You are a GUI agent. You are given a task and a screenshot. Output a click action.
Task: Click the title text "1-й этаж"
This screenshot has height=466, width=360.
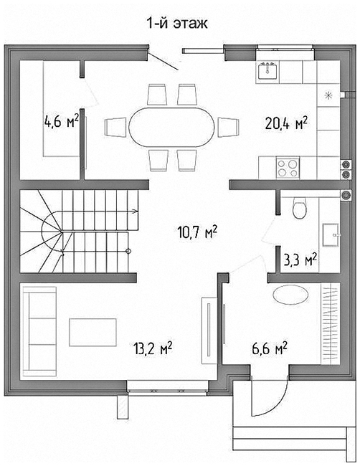[x=177, y=23]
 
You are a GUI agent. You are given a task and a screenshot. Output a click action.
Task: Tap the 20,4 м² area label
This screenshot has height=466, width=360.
[x=286, y=123]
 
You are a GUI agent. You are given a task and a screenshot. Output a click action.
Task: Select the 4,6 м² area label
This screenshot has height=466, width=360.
[x=62, y=120]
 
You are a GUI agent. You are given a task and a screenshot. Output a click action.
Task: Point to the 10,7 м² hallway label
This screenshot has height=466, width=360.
[x=197, y=232]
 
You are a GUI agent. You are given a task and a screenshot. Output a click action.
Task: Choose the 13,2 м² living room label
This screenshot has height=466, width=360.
[x=153, y=348]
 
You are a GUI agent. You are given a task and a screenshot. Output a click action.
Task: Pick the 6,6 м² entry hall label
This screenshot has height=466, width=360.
[x=270, y=348]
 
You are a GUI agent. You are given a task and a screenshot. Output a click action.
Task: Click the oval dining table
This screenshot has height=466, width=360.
[x=172, y=127]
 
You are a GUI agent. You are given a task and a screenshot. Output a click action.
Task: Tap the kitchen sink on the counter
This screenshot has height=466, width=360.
[x=267, y=71]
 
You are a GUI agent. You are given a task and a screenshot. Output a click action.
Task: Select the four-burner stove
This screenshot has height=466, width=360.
[x=288, y=168]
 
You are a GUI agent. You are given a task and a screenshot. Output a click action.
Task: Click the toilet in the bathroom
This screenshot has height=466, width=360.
[x=299, y=207]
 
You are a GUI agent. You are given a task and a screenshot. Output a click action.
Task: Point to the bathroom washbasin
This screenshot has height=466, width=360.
[x=331, y=234]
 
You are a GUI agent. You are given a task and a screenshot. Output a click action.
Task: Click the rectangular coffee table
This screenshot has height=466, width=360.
[x=93, y=332]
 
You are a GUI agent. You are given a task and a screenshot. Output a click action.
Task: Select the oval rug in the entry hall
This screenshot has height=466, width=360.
[x=290, y=295]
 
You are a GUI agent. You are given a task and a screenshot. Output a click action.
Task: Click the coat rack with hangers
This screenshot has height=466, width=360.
[x=331, y=323]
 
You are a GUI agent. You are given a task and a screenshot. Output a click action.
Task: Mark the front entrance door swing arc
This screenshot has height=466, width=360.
[x=277, y=407]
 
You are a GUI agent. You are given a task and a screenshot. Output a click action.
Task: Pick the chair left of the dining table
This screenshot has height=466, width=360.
[x=115, y=127]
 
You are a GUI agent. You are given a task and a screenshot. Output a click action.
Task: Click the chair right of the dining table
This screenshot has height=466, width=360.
[x=228, y=127]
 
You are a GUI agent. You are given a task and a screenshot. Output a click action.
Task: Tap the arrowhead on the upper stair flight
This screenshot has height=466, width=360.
[x=135, y=211]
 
